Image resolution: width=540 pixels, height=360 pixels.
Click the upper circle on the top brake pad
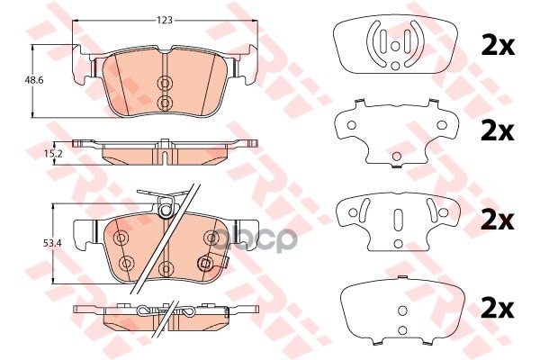[x=164, y=84]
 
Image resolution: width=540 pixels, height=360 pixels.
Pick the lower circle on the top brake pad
[x=164, y=103]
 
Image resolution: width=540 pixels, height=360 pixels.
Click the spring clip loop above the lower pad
[x=165, y=211]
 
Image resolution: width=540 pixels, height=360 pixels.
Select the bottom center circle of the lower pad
[x=165, y=267]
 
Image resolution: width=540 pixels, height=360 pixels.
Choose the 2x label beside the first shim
[x=497, y=46]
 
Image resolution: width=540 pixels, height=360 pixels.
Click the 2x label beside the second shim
[x=497, y=132]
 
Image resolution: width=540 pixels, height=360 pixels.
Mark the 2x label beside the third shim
[x=497, y=220]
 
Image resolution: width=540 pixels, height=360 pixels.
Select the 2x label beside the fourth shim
[x=497, y=309]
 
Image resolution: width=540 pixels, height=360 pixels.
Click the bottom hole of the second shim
[x=396, y=159]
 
